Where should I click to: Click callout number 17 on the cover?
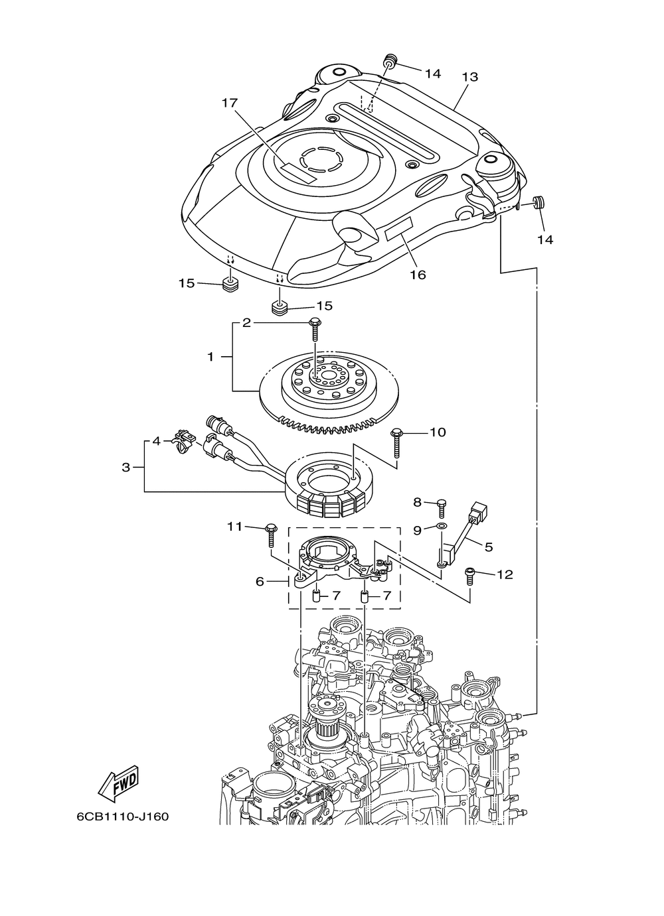230,103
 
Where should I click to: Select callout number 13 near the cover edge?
470,76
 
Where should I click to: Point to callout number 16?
418,275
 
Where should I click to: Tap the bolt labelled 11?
271,535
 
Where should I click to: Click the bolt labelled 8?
442,506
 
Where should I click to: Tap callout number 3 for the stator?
125,467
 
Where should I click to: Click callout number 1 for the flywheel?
210,357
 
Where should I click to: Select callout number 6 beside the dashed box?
260,581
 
